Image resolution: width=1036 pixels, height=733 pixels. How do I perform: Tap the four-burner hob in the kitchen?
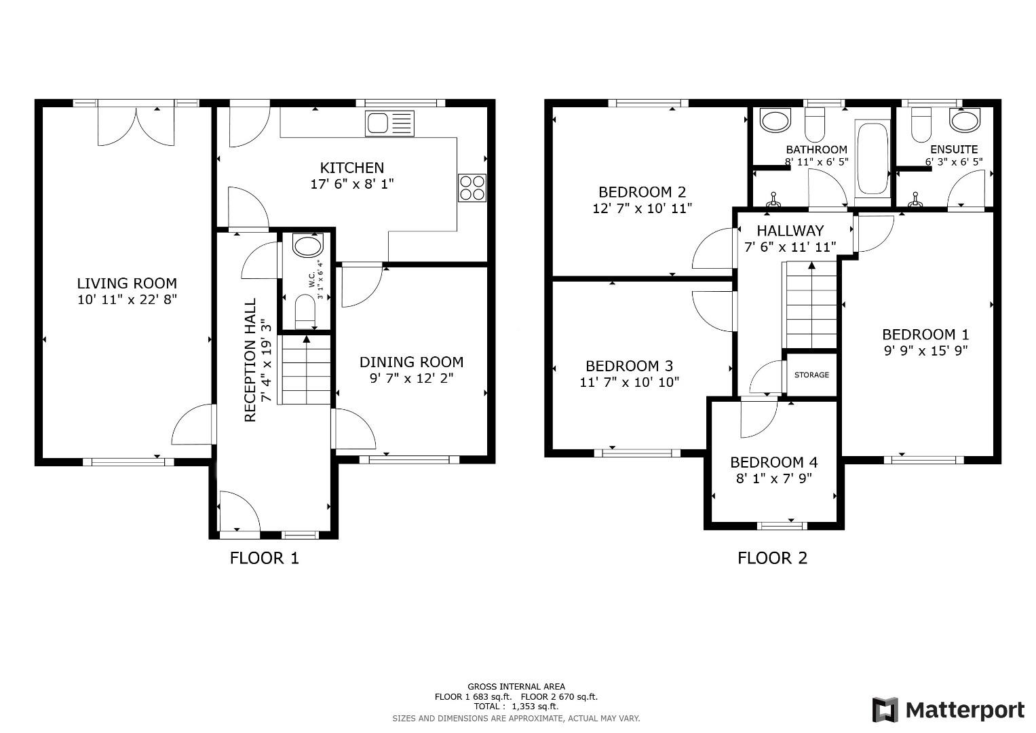pyautogui.click(x=472, y=188)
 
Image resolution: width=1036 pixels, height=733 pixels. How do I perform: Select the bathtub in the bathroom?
pyautogui.click(x=872, y=159)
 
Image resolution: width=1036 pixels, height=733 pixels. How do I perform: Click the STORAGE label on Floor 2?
pyautogui.click(x=811, y=375)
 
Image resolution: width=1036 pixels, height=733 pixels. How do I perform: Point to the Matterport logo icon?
pyautogui.click(x=885, y=710)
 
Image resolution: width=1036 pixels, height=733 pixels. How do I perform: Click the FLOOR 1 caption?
pyautogui.click(x=264, y=558)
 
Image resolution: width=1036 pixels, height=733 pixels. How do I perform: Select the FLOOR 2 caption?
pyautogui.click(x=772, y=558)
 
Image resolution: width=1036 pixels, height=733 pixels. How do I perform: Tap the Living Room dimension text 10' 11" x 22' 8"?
pyautogui.click(x=127, y=299)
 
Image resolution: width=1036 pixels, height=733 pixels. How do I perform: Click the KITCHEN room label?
pyautogui.click(x=352, y=168)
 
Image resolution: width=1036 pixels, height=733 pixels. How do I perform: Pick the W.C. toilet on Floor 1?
pyautogui.click(x=306, y=313)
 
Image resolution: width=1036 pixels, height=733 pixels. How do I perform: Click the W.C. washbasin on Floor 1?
pyautogui.click(x=307, y=247)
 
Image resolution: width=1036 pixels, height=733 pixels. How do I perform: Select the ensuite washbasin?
pyautogui.click(x=964, y=121)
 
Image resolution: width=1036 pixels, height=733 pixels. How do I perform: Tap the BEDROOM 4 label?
pyautogui.click(x=773, y=462)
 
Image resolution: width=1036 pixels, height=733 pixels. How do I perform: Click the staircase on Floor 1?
pyautogui.click(x=306, y=371)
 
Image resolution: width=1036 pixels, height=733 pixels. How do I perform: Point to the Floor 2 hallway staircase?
pyautogui.click(x=811, y=305)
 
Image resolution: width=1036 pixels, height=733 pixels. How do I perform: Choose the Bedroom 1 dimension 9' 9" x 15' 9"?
pyautogui.click(x=925, y=351)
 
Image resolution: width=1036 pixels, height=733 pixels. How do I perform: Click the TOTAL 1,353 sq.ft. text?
pyautogui.click(x=516, y=707)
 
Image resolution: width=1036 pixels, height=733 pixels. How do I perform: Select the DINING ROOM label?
pyautogui.click(x=411, y=362)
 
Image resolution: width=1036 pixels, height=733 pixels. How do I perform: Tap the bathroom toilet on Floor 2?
pyautogui.click(x=813, y=124)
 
